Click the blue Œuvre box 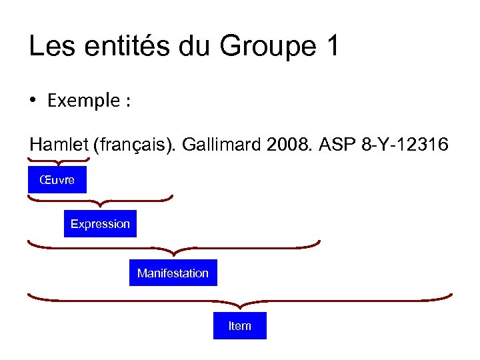coord(57,180)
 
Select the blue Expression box coord(100,224)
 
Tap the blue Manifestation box coord(173,273)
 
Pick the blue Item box coord(239,326)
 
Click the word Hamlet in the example coord(59,145)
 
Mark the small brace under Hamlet coord(59,161)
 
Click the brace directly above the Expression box coord(100,199)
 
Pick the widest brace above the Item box coord(240,299)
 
